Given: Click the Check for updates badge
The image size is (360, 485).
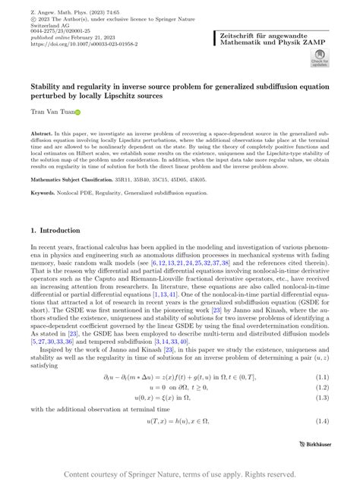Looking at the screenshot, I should point(318,58).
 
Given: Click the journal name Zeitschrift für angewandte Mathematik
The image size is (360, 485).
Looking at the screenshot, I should point(259,36).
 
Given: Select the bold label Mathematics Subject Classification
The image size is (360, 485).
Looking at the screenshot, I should point(71,180).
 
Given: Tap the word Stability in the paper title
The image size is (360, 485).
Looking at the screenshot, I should point(47,87).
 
